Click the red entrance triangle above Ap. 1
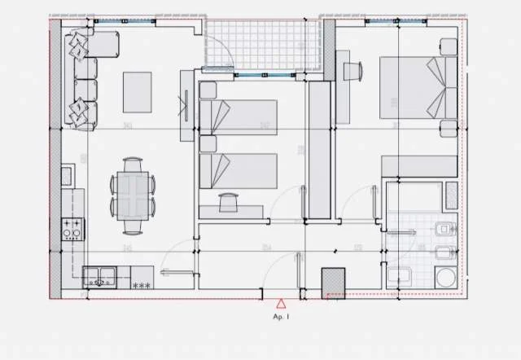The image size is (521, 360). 282,304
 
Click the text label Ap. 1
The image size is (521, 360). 282,315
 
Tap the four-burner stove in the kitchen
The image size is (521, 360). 71,229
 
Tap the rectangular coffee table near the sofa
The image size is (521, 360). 137,92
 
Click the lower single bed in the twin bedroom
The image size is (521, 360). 239,171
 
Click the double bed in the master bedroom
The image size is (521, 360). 416,87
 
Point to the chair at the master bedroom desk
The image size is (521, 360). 353,71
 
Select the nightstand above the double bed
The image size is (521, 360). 447,46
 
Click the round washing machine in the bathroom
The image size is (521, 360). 445,278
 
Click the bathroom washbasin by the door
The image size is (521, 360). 400,276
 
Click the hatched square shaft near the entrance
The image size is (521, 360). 335,281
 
